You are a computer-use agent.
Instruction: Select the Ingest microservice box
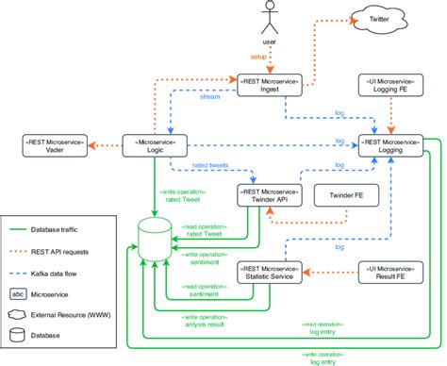[270, 88]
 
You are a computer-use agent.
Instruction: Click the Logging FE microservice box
[389, 88]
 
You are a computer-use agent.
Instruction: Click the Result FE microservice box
[389, 272]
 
